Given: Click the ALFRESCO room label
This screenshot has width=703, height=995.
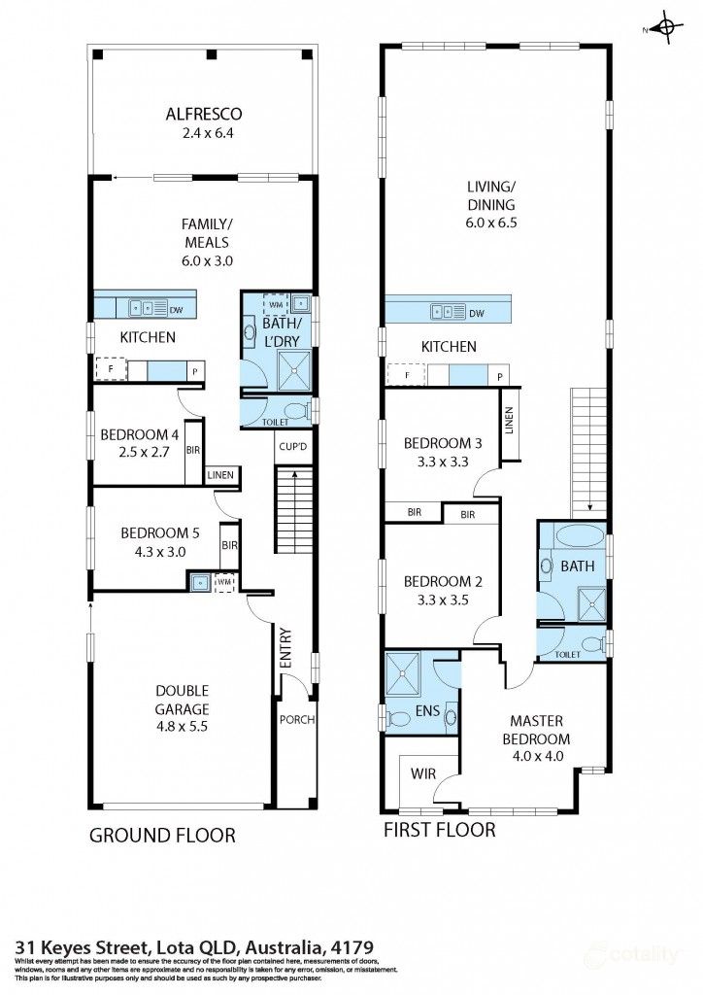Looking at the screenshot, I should coord(203,114).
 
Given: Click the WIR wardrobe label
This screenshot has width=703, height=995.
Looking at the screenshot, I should coord(422,773).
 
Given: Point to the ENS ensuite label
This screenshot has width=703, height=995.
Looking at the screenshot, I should coord(427,711).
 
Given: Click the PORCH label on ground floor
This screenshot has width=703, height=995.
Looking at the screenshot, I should coord(296,720).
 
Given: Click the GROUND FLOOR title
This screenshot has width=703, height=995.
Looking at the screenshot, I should coord(162,835).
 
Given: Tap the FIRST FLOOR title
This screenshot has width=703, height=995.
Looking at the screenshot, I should coord(439,830).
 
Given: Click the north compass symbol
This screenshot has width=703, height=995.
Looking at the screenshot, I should coord(665,28).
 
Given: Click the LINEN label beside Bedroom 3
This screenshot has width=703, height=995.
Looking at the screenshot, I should coord(509,420).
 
